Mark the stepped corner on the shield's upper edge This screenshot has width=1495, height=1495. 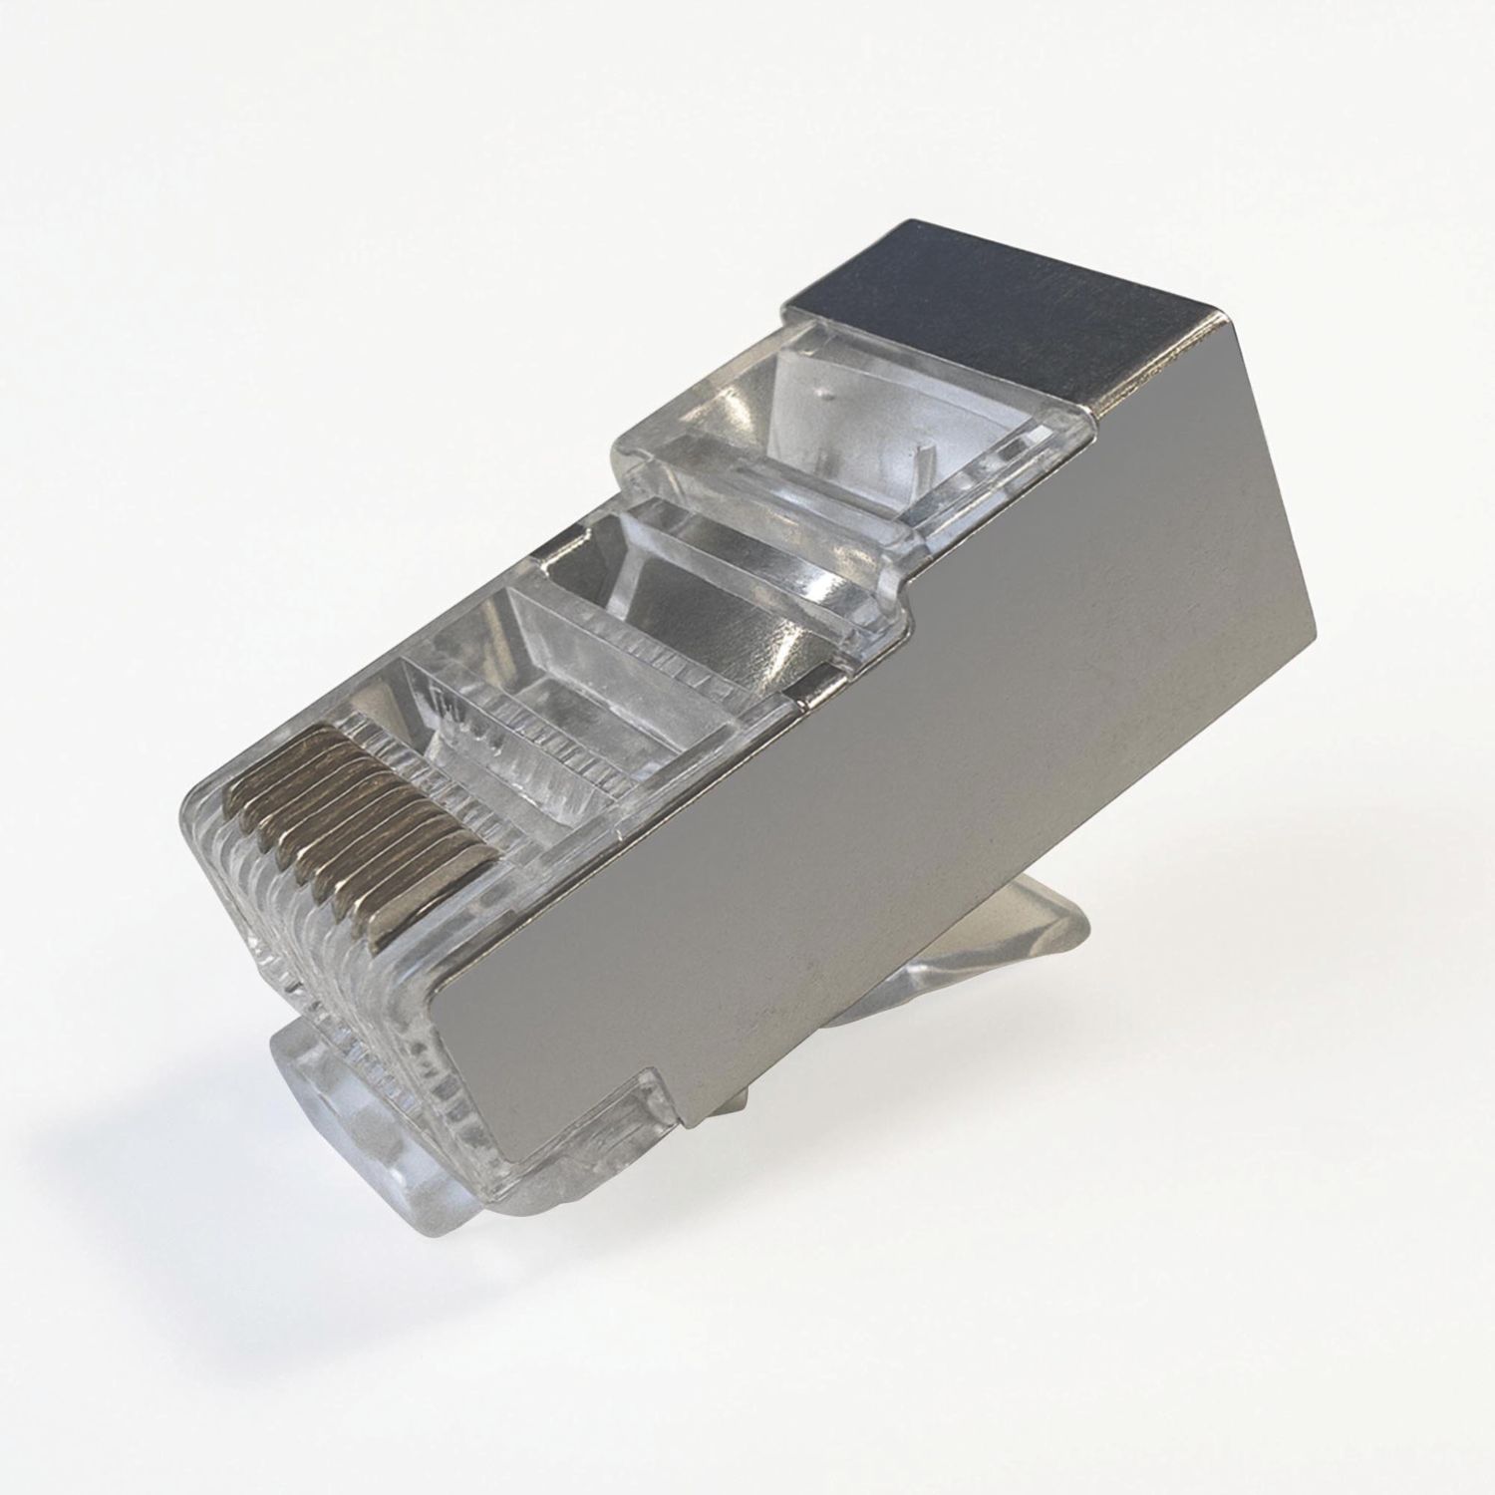912,598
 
